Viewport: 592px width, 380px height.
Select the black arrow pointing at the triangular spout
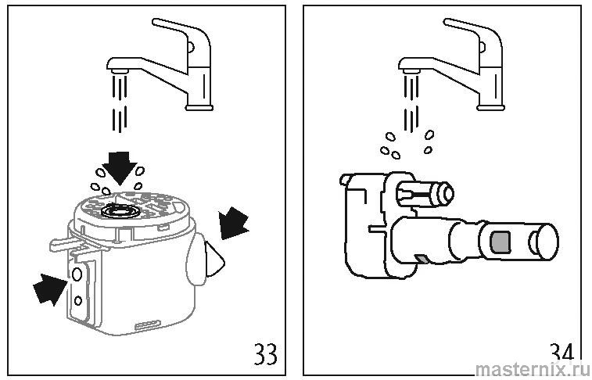pos(233,222)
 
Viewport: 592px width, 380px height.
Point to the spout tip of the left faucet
pos(117,70)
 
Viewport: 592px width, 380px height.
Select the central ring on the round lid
pos(121,209)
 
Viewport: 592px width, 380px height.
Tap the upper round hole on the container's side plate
pos(77,273)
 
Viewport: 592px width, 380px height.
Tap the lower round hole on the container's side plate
pos(77,300)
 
